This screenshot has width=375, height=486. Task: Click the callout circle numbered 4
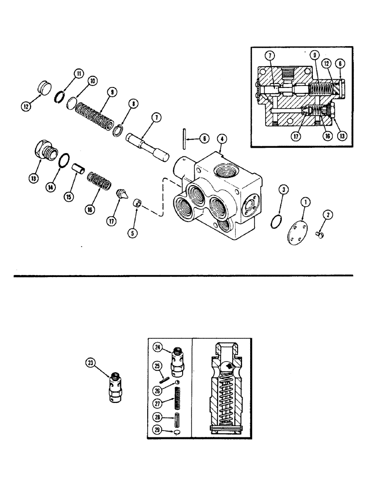[x=221, y=139]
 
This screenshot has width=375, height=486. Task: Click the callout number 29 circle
[x=157, y=430]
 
